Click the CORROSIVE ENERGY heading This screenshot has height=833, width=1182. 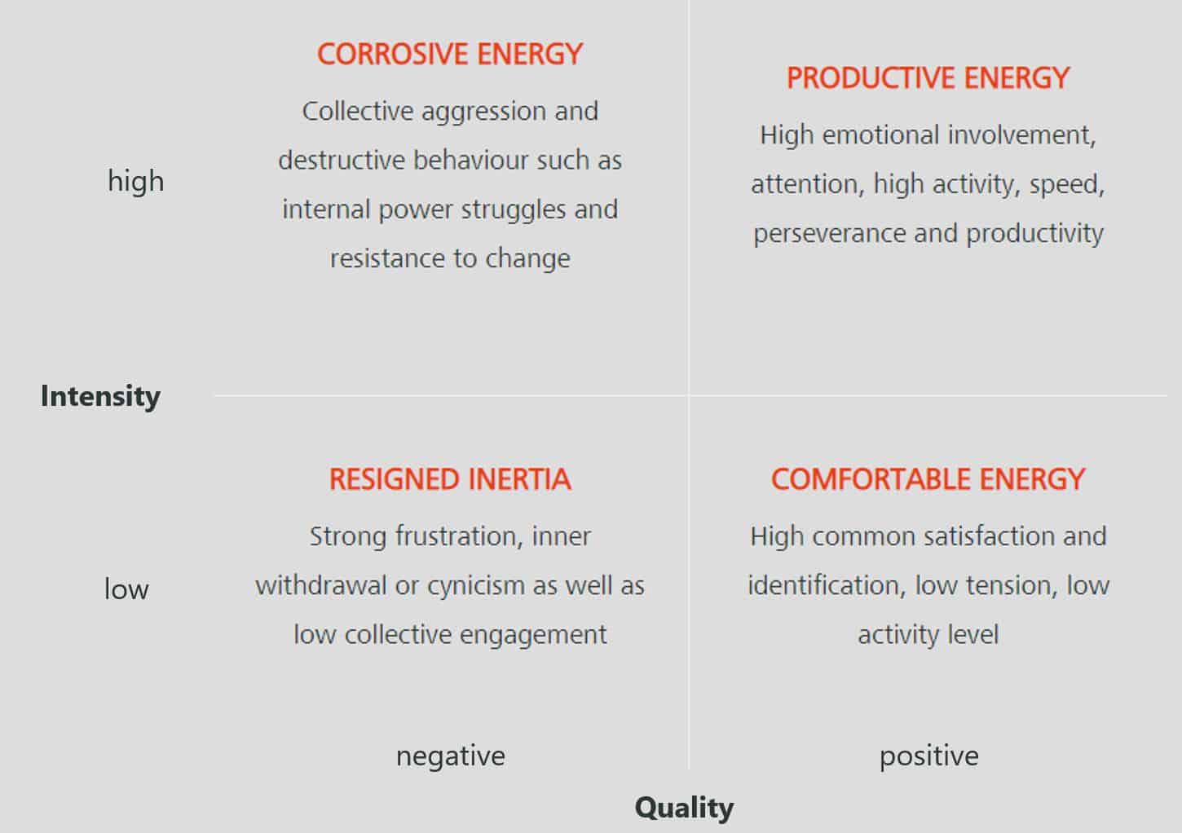tap(450, 54)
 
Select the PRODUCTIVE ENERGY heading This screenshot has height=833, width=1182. tap(928, 78)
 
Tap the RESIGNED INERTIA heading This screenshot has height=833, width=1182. tap(450, 479)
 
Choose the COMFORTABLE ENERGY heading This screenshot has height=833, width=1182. tap(928, 479)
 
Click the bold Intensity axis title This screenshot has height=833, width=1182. tap(100, 396)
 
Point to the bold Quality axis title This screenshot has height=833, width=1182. tap(684, 808)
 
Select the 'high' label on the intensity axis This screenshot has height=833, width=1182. tap(135, 182)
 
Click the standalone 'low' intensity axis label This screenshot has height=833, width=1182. tap(126, 588)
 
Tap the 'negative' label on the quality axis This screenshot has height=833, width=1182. tap(451, 756)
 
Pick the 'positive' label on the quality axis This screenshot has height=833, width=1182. tap(928, 756)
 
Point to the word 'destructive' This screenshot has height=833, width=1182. tap(341, 160)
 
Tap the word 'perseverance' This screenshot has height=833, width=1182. tap(829, 234)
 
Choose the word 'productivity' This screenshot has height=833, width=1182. tap(1034, 234)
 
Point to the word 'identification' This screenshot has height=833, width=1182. tap(827, 585)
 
